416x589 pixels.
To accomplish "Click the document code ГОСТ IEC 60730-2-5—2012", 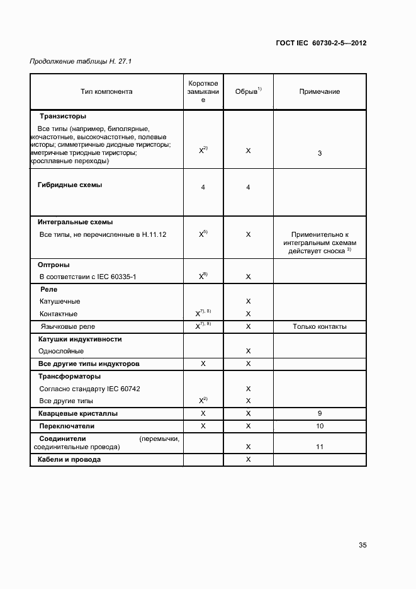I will [321, 43].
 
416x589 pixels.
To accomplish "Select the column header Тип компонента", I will [106, 91].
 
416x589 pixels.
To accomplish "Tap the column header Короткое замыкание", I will [203, 91].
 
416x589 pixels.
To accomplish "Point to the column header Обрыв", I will [248, 91].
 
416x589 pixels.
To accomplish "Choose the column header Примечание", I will [319, 91].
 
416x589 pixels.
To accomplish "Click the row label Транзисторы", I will [63, 116].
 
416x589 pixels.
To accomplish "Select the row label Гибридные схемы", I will [70, 185].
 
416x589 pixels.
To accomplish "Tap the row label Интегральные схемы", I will [75, 222].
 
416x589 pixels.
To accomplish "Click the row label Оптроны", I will [54, 265].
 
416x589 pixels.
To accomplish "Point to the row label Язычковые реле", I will [68, 326].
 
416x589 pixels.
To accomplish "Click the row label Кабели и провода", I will [69, 459].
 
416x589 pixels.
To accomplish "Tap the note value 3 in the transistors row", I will [320, 153].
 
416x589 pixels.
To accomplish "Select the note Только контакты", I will [320, 326].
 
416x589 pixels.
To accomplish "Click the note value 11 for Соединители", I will [320, 446].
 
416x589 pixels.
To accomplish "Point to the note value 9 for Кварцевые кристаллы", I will [320, 413].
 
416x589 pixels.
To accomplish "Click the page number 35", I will [363, 545].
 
